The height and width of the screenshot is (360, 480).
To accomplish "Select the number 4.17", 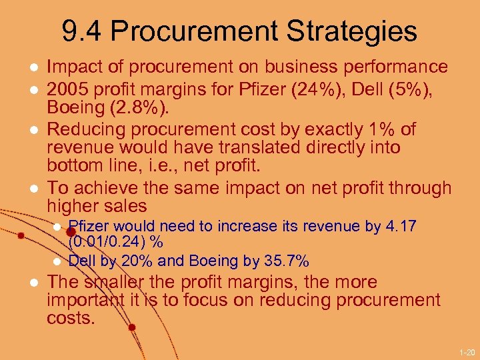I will click(401, 226).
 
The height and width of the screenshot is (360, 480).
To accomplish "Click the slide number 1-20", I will click(466, 351).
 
